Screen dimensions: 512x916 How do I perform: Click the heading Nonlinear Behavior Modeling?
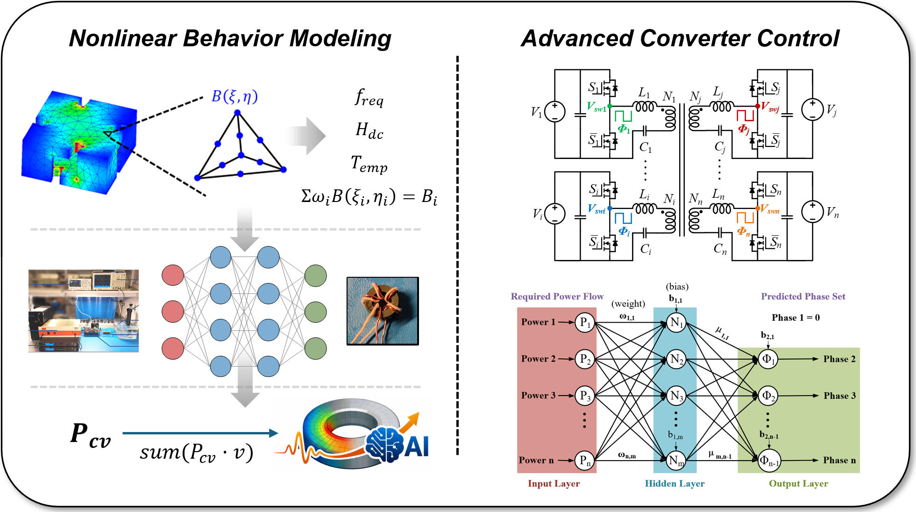pos(230,38)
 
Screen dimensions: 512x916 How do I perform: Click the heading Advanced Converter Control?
pos(680,38)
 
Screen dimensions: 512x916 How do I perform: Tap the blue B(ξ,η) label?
pos(234,96)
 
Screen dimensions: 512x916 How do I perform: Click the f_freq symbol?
pos(369,97)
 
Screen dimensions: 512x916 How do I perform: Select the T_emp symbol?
pos(369,164)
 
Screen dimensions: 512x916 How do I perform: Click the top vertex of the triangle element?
pos(237,113)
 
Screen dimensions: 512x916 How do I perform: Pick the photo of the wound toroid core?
pos(382,311)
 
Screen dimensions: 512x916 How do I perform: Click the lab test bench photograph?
pos(84,311)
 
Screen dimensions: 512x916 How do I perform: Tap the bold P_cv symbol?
pos(91,435)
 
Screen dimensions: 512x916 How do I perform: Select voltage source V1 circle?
pos(554,112)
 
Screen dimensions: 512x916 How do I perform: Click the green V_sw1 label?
pos(596,107)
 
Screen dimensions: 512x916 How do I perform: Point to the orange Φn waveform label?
pos(743,231)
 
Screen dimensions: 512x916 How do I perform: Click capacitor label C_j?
pos(719,147)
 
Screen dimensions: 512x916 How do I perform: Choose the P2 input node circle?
pos(585,359)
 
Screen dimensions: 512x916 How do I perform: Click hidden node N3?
pos(676,396)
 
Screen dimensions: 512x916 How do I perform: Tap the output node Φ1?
pos(768,359)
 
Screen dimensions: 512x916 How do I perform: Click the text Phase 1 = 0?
pos(795,318)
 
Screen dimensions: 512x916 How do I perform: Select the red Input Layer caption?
pos(554,484)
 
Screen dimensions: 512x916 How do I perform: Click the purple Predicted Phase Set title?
pos(802,296)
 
